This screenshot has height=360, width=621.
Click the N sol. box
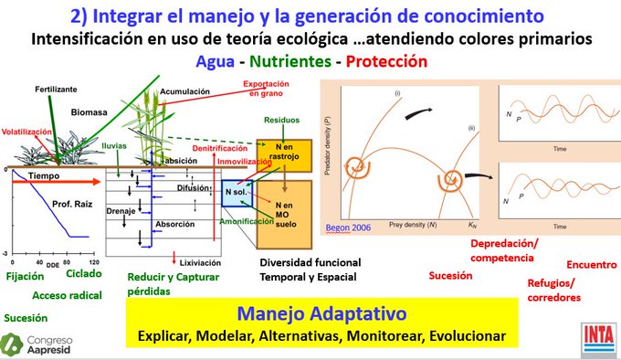pyautogui.click(x=235, y=193)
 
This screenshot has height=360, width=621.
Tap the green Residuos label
pyautogui.click(x=281, y=120)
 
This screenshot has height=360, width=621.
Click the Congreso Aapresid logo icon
pyautogui.click(x=13, y=344)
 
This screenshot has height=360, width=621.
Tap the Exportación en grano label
pyautogui.click(x=266, y=88)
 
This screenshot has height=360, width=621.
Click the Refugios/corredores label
pyautogui.click(x=553, y=290)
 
